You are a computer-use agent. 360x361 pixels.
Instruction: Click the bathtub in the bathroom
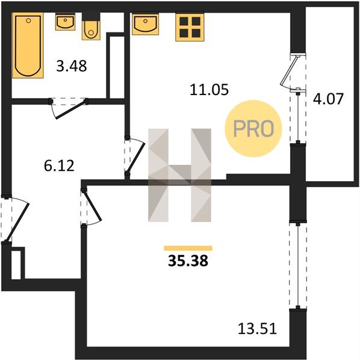(x=28, y=45)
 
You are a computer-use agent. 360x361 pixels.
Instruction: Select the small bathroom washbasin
(x=65, y=22)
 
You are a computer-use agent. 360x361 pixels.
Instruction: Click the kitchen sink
(x=145, y=24)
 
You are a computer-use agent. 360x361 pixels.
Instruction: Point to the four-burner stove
(x=190, y=28)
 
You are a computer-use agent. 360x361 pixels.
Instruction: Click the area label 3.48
(x=72, y=66)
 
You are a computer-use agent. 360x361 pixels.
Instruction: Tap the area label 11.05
(x=209, y=90)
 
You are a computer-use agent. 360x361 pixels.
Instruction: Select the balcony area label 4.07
(x=328, y=99)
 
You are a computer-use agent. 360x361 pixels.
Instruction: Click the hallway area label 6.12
(x=59, y=166)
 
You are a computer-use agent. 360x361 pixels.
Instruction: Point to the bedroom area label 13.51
(x=257, y=329)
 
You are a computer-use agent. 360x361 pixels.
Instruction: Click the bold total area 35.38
(x=188, y=261)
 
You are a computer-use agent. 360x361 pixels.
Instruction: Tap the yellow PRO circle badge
(x=253, y=129)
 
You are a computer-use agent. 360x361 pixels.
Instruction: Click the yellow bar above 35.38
(x=188, y=248)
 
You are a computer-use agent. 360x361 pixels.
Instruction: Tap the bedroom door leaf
(x=92, y=205)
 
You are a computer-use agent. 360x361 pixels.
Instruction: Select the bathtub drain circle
(x=28, y=20)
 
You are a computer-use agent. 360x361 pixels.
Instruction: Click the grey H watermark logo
(x=179, y=175)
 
